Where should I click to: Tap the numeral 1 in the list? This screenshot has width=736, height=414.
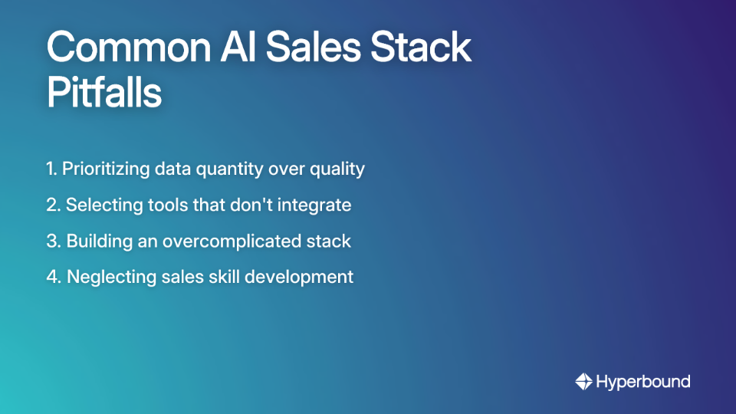click(x=50, y=169)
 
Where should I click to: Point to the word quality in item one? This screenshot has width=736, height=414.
click(x=337, y=169)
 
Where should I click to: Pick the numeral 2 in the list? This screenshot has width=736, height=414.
click(x=51, y=205)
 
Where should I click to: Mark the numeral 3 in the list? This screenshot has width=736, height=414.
click(x=51, y=241)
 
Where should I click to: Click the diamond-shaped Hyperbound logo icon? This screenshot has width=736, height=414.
click(x=583, y=381)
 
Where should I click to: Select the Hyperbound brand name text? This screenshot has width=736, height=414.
click(x=642, y=381)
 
